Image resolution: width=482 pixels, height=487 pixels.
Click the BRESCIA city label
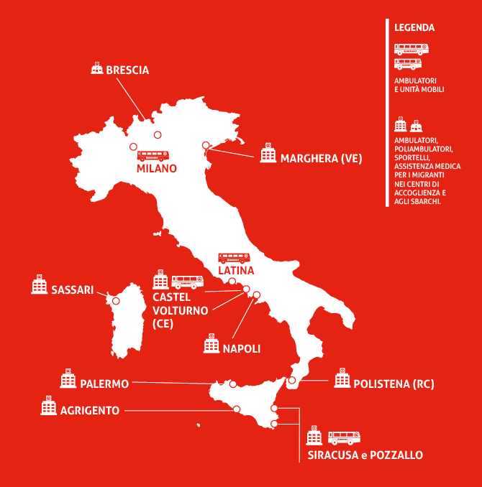click(x=127, y=70)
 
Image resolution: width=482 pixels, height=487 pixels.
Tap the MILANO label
click(x=156, y=169)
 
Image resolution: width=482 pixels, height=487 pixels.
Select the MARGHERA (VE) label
click(x=320, y=158)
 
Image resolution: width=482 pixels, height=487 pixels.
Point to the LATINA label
click(x=236, y=271)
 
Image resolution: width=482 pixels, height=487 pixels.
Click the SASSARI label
click(x=73, y=289)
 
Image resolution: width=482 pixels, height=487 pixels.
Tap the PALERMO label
click(x=104, y=384)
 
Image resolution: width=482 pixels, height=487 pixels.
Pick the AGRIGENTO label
click(x=90, y=410)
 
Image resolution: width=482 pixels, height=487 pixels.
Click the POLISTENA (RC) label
click(x=394, y=384)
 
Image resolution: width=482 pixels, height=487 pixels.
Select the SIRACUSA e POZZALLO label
click(x=365, y=455)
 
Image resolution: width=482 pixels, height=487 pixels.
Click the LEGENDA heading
click(x=414, y=28)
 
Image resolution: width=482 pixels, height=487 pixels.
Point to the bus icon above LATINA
click(x=234, y=257)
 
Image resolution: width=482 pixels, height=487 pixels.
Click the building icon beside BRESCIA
click(x=96, y=69)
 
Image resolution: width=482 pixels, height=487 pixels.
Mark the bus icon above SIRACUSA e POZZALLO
click(x=344, y=437)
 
